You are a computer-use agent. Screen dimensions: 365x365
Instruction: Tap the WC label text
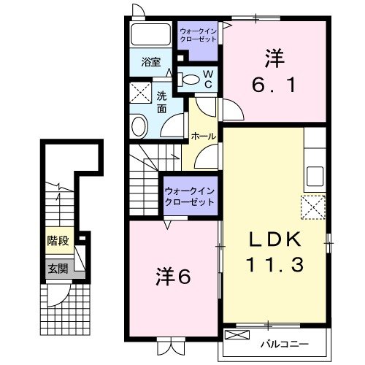[x=207, y=78]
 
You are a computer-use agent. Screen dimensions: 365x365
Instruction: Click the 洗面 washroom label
[x=163, y=100]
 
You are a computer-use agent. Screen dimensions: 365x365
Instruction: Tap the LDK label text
[x=274, y=242]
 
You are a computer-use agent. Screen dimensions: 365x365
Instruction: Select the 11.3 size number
[x=274, y=266]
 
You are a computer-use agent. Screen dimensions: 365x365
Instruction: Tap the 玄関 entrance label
[x=58, y=269]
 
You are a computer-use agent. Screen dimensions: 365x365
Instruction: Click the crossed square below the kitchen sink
[x=314, y=207]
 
